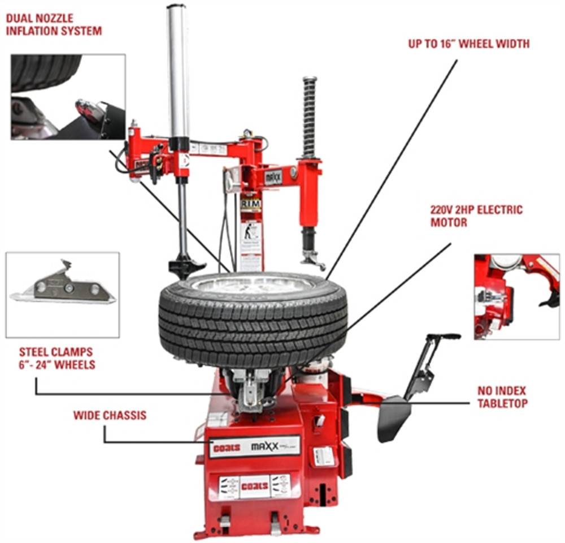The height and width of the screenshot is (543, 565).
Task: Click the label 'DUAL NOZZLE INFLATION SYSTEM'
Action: pyautogui.click(x=54, y=24)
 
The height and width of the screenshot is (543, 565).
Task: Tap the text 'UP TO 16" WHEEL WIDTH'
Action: pyautogui.click(x=469, y=44)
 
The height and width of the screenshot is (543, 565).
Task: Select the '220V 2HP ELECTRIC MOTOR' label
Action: pyautogui.click(x=476, y=216)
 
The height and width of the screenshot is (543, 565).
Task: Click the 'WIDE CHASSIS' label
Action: pyautogui.click(x=110, y=416)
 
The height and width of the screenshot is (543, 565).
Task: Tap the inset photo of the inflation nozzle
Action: pyautogui.click(x=68, y=97)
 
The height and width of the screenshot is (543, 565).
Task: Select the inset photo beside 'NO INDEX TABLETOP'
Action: pyautogui.click(x=516, y=296)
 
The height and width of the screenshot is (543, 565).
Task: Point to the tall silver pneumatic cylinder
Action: pyautogui.click(x=178, y=71)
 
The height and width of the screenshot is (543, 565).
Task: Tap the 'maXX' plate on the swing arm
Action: pyautogui.click(x=273, y=176)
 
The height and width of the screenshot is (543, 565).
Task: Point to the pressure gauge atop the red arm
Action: pyautogui.click(x=247, y=134)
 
